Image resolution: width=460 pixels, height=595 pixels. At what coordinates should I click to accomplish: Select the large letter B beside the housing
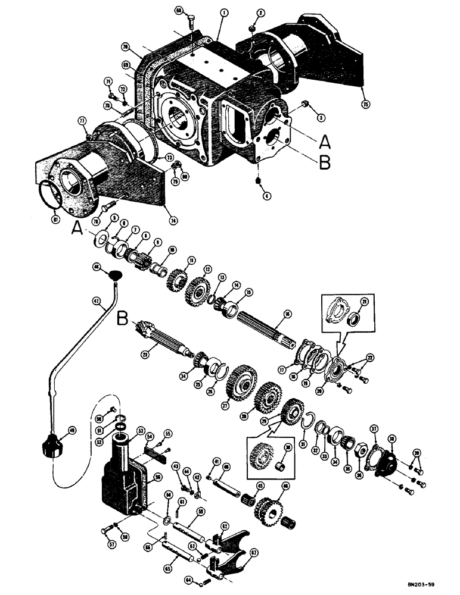tap(323, 162)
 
